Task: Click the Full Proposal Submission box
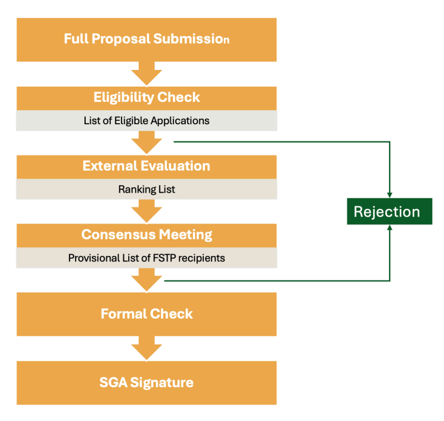click(x=146, y=40)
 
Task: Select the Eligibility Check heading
click(x=146, y=98)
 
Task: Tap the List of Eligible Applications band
click(x=146, y=120)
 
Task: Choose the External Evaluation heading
click(x=146, y=167)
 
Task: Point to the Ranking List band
click(x=146, y=189)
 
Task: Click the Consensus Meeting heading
click(x=146, y=236)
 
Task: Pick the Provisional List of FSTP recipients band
click(x=146, y=258)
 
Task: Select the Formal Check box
click(x=146, y=314)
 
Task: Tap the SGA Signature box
click(x=146, y=383)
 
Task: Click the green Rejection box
click(x=390, y=212)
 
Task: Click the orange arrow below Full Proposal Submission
click(x=146, y=73)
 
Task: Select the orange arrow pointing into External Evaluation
click(x=146, y=143)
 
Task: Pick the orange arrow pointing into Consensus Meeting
click(x=146, y=212)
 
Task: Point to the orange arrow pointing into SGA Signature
click(x=146, y=349)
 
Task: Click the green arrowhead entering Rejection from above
click(x=390, y=195)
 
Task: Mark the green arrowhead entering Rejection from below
click(x=390, y=227)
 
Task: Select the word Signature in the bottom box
click(x=162, y=383)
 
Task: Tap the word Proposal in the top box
click(x=121, y=39)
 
